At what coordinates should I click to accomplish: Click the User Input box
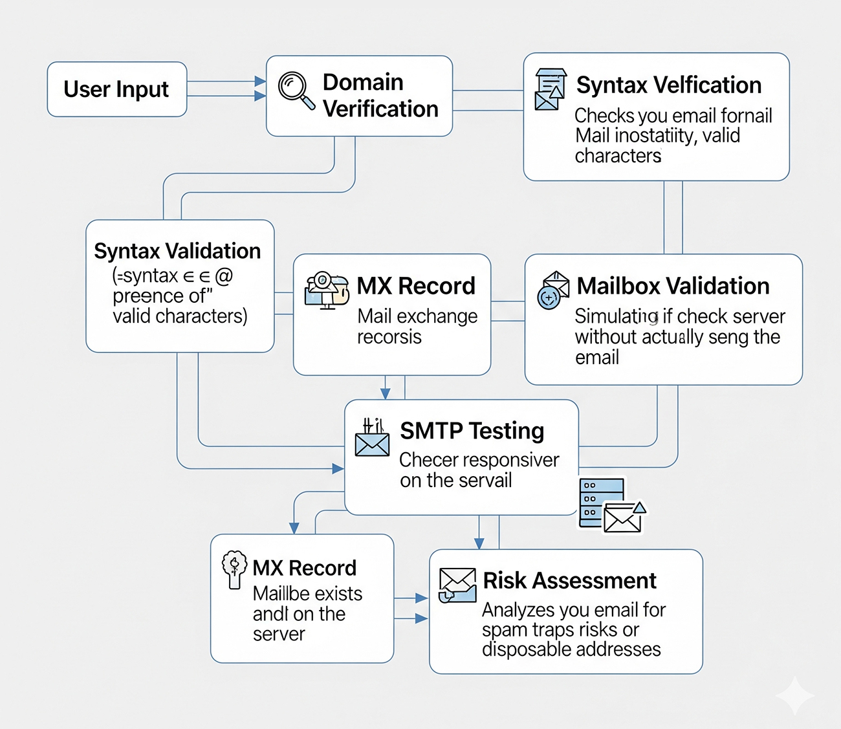coord(116,89)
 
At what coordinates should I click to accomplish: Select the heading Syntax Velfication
coord(668,85)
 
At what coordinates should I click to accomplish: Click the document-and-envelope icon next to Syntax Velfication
coord(550,89)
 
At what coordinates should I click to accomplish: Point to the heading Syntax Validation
coord(177,251)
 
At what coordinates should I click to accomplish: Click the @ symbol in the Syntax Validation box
coord(224,276)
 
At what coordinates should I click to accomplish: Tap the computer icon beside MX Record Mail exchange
coord(326,290)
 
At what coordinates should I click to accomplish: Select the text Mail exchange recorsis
coord(417,326)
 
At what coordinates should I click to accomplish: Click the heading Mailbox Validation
coord(673,286)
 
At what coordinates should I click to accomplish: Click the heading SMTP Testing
coord(472,431)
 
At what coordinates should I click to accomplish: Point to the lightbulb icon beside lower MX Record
coord(234,568)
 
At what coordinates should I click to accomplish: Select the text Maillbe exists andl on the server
coord(307,613)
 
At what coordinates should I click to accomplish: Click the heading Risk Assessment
coord(569,581)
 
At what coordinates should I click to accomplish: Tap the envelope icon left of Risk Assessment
coord(457,585)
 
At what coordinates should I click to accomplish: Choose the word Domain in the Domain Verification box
coord(363,82)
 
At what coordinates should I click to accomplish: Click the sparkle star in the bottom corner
coord(795,696)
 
